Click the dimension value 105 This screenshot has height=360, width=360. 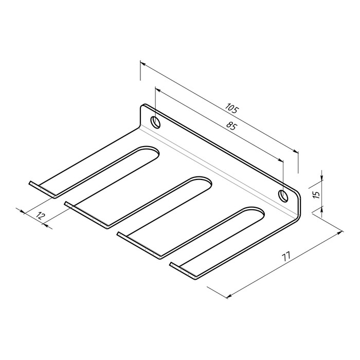231,109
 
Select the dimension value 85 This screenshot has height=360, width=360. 231,125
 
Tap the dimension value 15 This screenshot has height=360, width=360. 316,194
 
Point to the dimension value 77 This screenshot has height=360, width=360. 287,256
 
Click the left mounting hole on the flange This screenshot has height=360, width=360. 155,122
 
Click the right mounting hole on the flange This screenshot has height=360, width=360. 283,195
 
